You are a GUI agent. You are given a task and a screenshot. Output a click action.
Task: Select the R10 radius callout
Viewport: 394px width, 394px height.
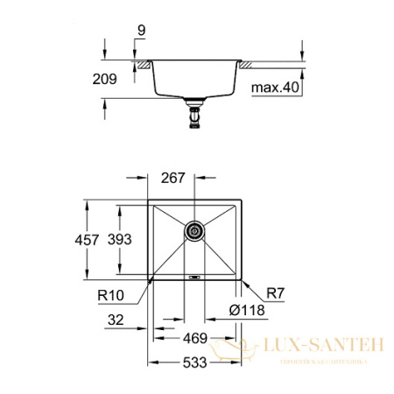[x=112, y=297]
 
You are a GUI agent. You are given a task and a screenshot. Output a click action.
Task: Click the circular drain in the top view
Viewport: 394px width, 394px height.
[x=193, y=231]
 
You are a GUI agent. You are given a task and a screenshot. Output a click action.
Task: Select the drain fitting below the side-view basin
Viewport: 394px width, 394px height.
[x=193, y=114]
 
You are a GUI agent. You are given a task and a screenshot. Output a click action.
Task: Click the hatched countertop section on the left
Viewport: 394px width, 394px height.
[x=140, y=65]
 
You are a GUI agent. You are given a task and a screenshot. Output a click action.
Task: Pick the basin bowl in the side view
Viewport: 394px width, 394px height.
[x=193, y=81]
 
